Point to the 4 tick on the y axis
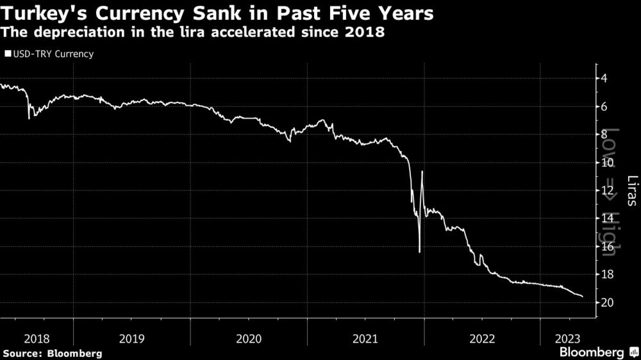coord(605,79)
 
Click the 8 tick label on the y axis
coord(605,135)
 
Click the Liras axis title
coord(632,191)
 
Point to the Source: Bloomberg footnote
coord(52,353)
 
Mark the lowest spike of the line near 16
coord(419,252)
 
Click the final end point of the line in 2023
coord(582,297)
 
